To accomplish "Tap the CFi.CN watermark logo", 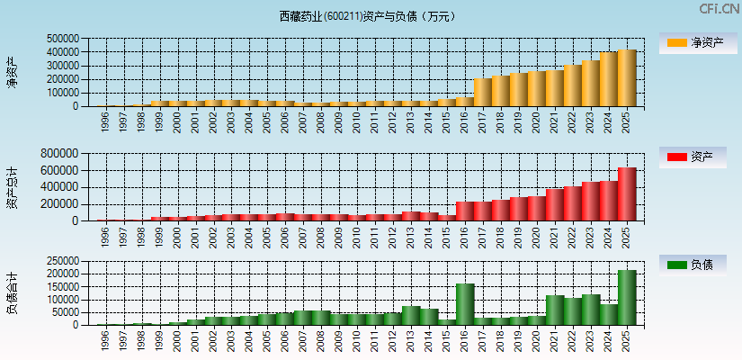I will pos(720,9).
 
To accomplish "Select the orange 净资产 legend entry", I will pos(698,42).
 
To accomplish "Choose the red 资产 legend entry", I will pos(698,157).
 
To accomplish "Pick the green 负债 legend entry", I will pos(698,265).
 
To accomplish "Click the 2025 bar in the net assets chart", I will pos(627,78).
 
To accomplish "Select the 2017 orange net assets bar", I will pos(483,93).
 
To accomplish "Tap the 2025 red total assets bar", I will pos(627,194).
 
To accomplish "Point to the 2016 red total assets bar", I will pos(465,211).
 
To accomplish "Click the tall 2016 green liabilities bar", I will pos(465,304).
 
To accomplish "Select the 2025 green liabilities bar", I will pos(627,298).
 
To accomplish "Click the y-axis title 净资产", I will pos(12,72).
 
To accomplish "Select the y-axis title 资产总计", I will pos(12,187).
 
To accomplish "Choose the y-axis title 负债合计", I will pos(12,293).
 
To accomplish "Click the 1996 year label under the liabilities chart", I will pos(105,340).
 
